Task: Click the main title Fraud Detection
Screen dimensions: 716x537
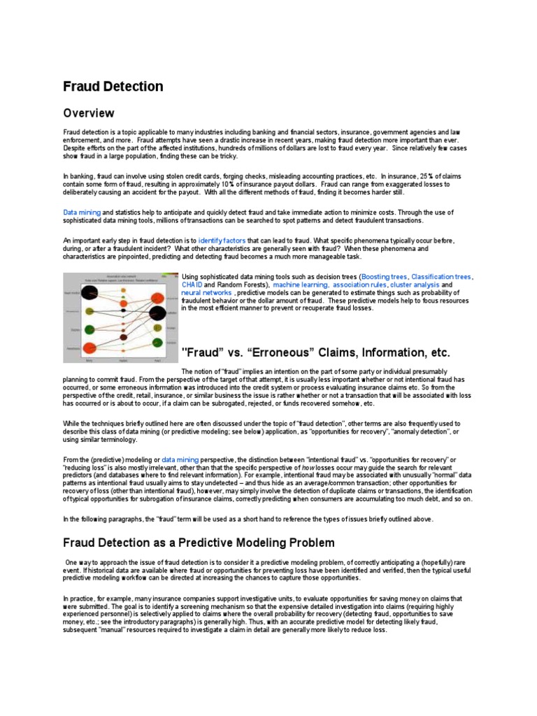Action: tap(113, 87)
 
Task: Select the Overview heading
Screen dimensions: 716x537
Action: tap(88, 113)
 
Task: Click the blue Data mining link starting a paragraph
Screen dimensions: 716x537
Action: tap(82, 212)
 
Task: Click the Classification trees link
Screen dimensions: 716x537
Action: tap(442, 277)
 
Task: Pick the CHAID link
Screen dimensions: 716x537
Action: tap(192, 285)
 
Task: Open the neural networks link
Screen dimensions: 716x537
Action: tap(206, 293)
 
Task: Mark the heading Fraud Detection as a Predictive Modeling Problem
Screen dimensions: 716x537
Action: tap(189, 543)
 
